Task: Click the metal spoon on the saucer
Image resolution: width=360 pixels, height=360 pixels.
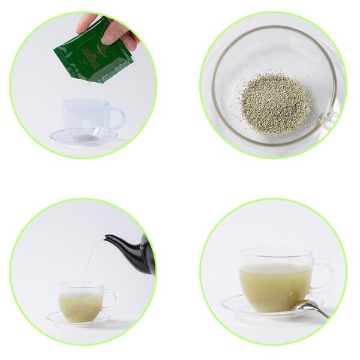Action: tap(310, 307)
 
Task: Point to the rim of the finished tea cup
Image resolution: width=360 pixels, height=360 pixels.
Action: tap(275, 251)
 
